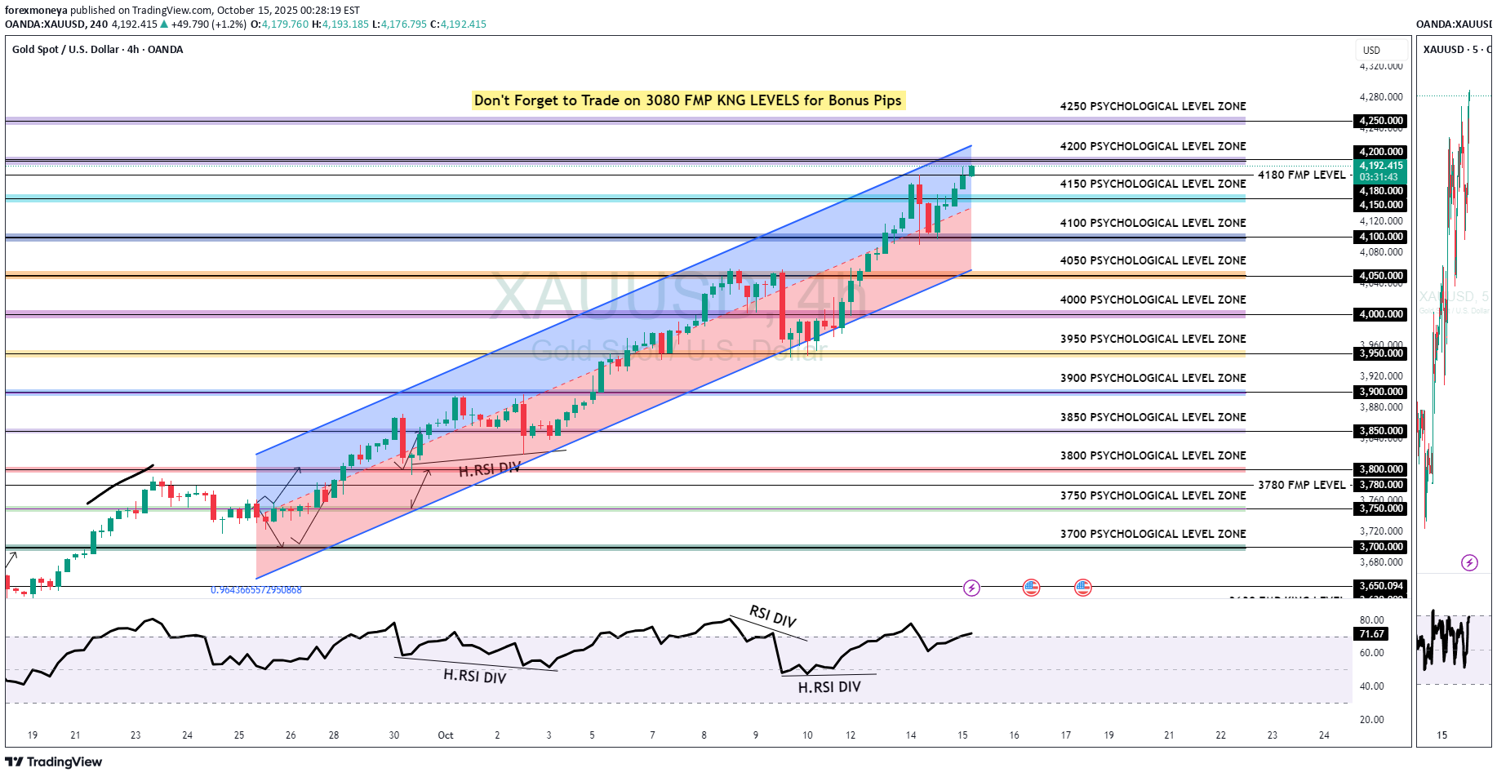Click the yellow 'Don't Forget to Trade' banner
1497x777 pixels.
[687, 100]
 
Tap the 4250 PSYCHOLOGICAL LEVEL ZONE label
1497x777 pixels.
[1153, 106]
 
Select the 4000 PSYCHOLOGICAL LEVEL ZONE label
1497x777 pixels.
[1153, 300]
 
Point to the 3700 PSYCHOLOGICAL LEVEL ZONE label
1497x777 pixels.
[1153, 534]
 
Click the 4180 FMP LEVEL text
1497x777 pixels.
[1301, 175]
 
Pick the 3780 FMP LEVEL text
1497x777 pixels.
[1301, 485]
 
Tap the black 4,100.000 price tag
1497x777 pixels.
[1381, 237]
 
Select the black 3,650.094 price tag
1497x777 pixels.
[1381, 586]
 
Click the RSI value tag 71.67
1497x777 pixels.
[1372, 634]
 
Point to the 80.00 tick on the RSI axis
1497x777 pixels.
[1371, 620]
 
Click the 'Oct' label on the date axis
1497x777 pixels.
[446, 735]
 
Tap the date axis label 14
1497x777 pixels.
[911, 735]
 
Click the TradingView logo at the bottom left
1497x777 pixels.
[54, 762]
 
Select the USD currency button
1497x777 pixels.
[1371, 51]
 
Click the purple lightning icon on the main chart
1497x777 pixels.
[971, 588]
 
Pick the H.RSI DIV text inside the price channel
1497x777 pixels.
[489, 470]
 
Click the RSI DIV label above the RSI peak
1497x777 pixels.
[772, 616]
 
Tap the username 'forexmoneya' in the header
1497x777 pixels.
[36, 11]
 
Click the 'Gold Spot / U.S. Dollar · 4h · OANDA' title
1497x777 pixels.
[97, 50]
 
